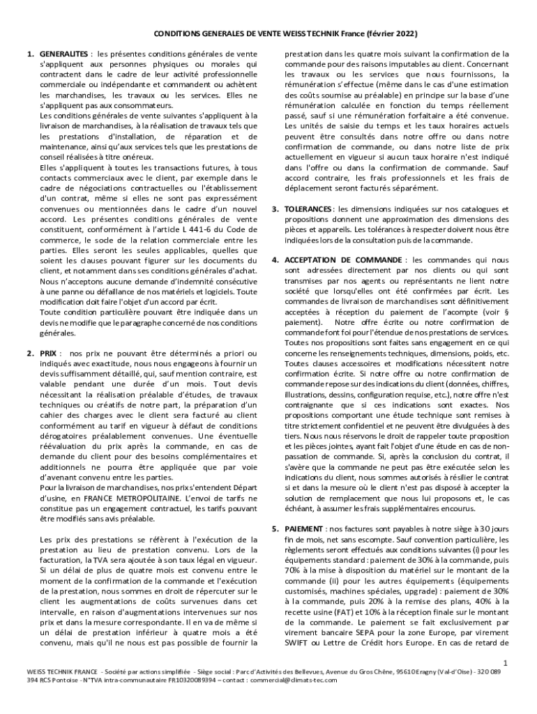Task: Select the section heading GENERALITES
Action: (63, 54)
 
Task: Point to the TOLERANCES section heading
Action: (308, 209)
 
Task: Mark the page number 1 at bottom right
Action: (506, 661)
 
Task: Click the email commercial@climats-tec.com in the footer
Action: (293, 679)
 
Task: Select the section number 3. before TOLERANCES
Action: (275, 209)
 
